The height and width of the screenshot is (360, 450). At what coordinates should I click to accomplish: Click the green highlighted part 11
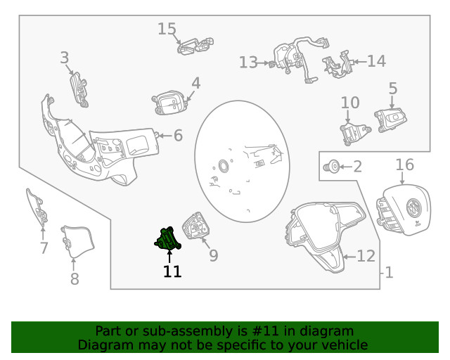coord(168,238)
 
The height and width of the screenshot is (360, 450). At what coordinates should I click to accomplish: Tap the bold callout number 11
coord(172,271)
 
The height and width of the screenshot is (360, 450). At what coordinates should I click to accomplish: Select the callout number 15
coord(167,29)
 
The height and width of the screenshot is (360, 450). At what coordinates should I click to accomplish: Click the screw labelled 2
coord(331,167)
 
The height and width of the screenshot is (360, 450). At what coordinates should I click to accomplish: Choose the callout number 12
coord(366,256)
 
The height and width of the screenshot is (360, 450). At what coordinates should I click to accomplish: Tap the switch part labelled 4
coord(169,103)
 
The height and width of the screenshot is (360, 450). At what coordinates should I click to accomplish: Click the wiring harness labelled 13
coord(298,59)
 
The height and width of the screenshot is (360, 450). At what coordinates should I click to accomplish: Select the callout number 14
coord(377,61)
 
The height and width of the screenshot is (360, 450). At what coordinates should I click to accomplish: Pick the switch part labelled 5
coord(390,120)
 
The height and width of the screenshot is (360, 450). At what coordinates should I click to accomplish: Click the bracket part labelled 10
coord(355,134)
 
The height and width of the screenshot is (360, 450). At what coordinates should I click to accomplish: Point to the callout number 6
coord(178,135)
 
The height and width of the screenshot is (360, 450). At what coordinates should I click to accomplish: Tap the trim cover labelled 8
coord(77,241)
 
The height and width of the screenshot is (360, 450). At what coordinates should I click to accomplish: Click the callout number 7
coord(44,248)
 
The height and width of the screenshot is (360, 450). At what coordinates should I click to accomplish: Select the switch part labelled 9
coord(196,226)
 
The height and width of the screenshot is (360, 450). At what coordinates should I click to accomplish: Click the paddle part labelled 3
coord(79,89)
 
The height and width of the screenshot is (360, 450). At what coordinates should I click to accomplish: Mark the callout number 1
coord(389,272)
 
